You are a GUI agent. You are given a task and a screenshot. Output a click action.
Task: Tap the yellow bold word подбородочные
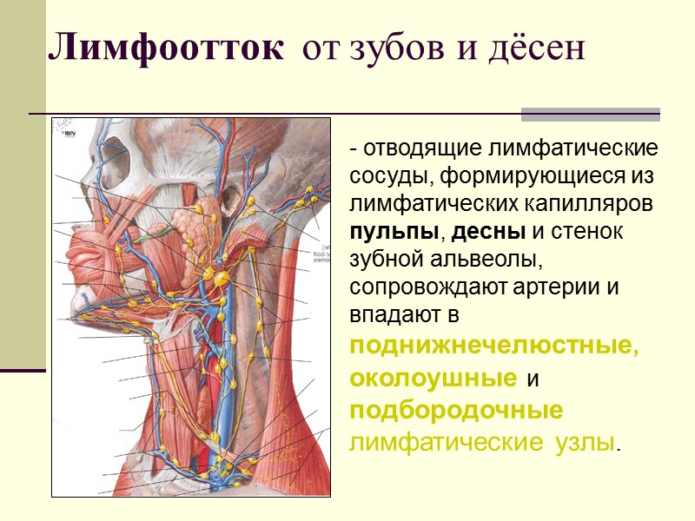[455, 410]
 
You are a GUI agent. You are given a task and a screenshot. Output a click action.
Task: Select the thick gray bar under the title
[590, 114]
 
